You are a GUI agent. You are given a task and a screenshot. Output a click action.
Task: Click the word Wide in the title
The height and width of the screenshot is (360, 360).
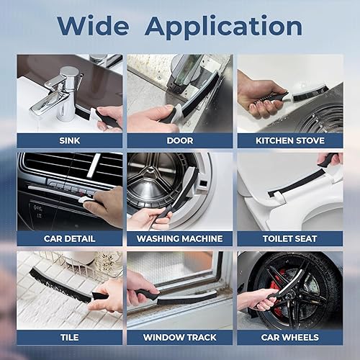pos(93,26)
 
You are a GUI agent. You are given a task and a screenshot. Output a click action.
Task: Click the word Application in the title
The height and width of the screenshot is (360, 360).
pos(223,27)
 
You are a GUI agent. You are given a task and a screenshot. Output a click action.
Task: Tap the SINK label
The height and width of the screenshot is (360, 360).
pos(70,140)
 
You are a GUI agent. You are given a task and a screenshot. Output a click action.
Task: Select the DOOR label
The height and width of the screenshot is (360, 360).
pos(180,140)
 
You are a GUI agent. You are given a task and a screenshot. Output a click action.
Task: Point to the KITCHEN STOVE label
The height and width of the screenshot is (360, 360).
pos(290,140)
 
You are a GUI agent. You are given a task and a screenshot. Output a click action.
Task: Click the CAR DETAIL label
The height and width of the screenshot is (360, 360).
pos(70,239)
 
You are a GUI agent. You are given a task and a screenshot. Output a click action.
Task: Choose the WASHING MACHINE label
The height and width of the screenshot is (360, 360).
pos(180,239)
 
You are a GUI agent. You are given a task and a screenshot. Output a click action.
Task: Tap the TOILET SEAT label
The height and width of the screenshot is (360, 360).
pos(290,239)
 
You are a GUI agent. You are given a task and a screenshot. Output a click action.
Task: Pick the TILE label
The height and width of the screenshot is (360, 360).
pos(70,338)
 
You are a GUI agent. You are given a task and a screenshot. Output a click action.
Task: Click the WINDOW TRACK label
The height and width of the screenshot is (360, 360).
pos(180,338)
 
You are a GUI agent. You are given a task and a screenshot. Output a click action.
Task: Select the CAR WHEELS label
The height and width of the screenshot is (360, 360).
pos(290,338)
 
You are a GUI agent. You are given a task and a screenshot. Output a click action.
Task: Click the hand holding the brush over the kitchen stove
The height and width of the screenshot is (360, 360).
pos(261,96)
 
